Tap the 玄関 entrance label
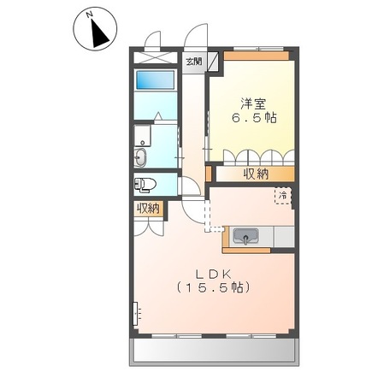194,62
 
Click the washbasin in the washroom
141,156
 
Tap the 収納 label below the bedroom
256,174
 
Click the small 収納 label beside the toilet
147,209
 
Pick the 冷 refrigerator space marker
280,197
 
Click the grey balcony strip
214,351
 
